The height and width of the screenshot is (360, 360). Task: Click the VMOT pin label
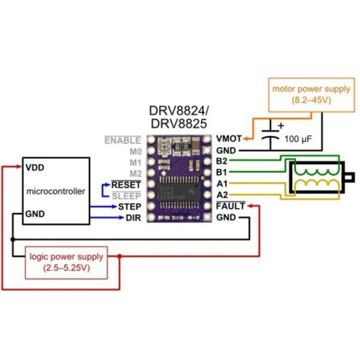[229, 139]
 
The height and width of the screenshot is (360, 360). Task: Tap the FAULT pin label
[230, 206]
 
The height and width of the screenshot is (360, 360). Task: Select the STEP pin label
[130, 207]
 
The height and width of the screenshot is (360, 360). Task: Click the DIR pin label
[133, 218]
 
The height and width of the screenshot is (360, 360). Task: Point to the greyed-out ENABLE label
[122, 140]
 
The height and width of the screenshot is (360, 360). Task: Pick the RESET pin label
[126, 185]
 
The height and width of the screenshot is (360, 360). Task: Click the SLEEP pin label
[126, 196]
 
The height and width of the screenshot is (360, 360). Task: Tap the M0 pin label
[135, 152]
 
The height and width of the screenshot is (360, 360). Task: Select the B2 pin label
[222, 161]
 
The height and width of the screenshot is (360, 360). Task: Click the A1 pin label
[222, 184]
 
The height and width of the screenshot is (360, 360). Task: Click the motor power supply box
[312, 95]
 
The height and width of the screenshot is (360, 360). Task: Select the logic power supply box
[66, 263]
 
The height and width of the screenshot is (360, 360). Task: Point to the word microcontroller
[55, 192]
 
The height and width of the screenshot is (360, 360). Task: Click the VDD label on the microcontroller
[35, 168]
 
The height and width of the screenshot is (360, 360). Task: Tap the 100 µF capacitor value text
[298, 139]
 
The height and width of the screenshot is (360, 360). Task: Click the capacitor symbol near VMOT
[271, 135]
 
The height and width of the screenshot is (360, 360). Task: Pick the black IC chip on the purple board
[179, 192]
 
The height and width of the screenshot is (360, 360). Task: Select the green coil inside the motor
[317, 172]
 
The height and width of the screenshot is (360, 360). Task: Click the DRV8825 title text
[179, 124]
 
